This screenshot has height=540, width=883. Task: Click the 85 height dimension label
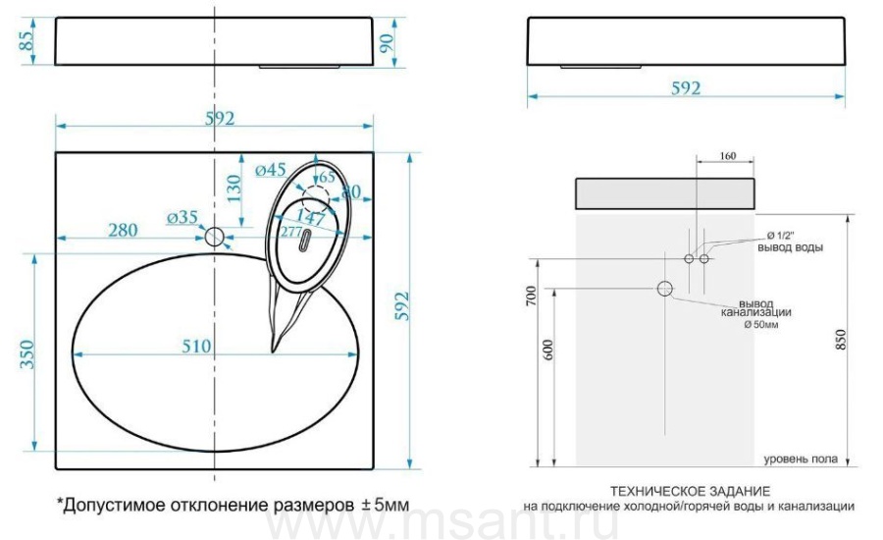pos(26,40)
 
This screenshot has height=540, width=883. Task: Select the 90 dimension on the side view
pos(387,43)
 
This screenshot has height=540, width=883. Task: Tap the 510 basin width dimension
pos(196,346)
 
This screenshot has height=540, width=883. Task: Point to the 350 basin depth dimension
pos(27,354)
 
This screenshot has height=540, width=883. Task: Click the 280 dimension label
pos(123,230)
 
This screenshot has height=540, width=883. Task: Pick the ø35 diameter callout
pos(182,217)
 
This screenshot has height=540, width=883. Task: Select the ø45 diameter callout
pos(271,169)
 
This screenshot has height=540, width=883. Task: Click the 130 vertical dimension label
pos(234,189)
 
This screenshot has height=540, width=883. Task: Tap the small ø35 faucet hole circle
pos(215,237)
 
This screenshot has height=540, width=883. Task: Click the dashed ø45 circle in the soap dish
pos(315,197)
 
